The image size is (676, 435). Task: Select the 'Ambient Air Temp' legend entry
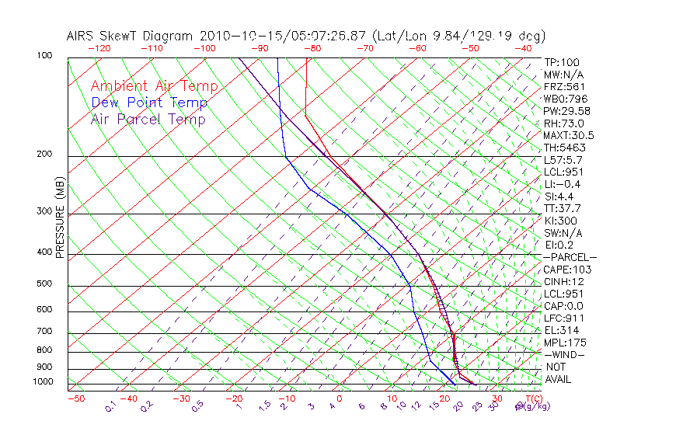(x=154, y=86)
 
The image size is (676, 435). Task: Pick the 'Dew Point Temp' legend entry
(x=149, y=103)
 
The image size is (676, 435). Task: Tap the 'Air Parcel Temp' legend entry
(x=148, y=119)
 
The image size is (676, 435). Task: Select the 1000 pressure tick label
(x=44, y=382)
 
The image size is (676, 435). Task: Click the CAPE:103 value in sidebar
(x=567, y=270)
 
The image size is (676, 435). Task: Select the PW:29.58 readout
(x=565, y=111)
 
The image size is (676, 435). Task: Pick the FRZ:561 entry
(x=564, y=86)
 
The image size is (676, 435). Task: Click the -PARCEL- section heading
(x=570, y=257)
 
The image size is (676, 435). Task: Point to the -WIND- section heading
(x=565, y=354)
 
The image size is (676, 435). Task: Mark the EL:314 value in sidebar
(x=561, y=330)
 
